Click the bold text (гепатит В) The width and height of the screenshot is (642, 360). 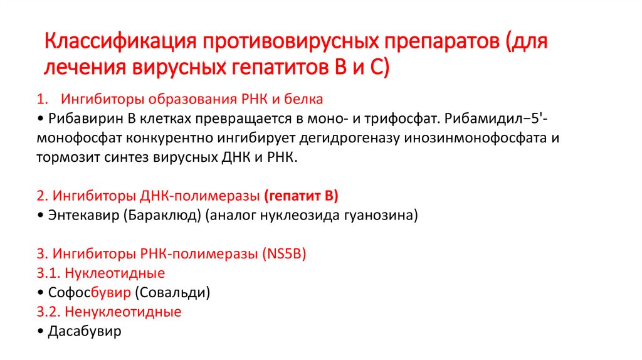pos(301,196)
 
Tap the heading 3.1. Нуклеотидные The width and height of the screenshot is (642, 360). pos(101,273)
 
